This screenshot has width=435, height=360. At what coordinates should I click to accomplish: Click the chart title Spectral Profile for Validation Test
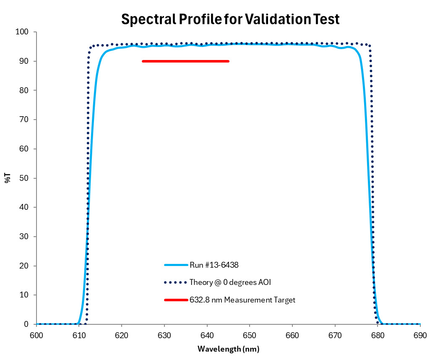pyautogui.click(x=230, y=19)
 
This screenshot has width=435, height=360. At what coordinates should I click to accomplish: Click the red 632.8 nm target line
pyautogui.click(x=185, y=61)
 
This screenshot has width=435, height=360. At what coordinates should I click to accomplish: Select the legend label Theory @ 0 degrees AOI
pyautogui.click(x=230, y=282)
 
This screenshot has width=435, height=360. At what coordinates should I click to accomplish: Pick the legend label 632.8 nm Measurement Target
pyautogui.click(x=242, y=300)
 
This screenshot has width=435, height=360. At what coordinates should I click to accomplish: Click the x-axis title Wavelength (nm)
pyautogui.click(x=228, y=349)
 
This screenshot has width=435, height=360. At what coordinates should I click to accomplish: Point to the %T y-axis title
pyautogui.click(x=8, y=178)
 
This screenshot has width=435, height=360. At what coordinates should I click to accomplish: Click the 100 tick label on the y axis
pyautogui.click(x=22, y=32)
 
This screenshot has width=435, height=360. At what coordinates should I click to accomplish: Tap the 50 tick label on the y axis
pyautogui.click(x=24, y=178)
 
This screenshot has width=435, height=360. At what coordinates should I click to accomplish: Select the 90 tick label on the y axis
pyautogui.click(x=24, y=61)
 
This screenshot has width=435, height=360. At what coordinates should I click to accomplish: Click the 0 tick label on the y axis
pyautogui.click(x=26, y=324)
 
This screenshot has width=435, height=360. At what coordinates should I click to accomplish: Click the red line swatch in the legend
pyautogui.click(x=176, y=300)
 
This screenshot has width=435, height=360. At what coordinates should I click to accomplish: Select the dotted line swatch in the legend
pyautogui.click(x=176, y=282)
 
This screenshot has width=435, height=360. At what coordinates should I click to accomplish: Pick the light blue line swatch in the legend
pyautogui.click(x=176, y=265)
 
